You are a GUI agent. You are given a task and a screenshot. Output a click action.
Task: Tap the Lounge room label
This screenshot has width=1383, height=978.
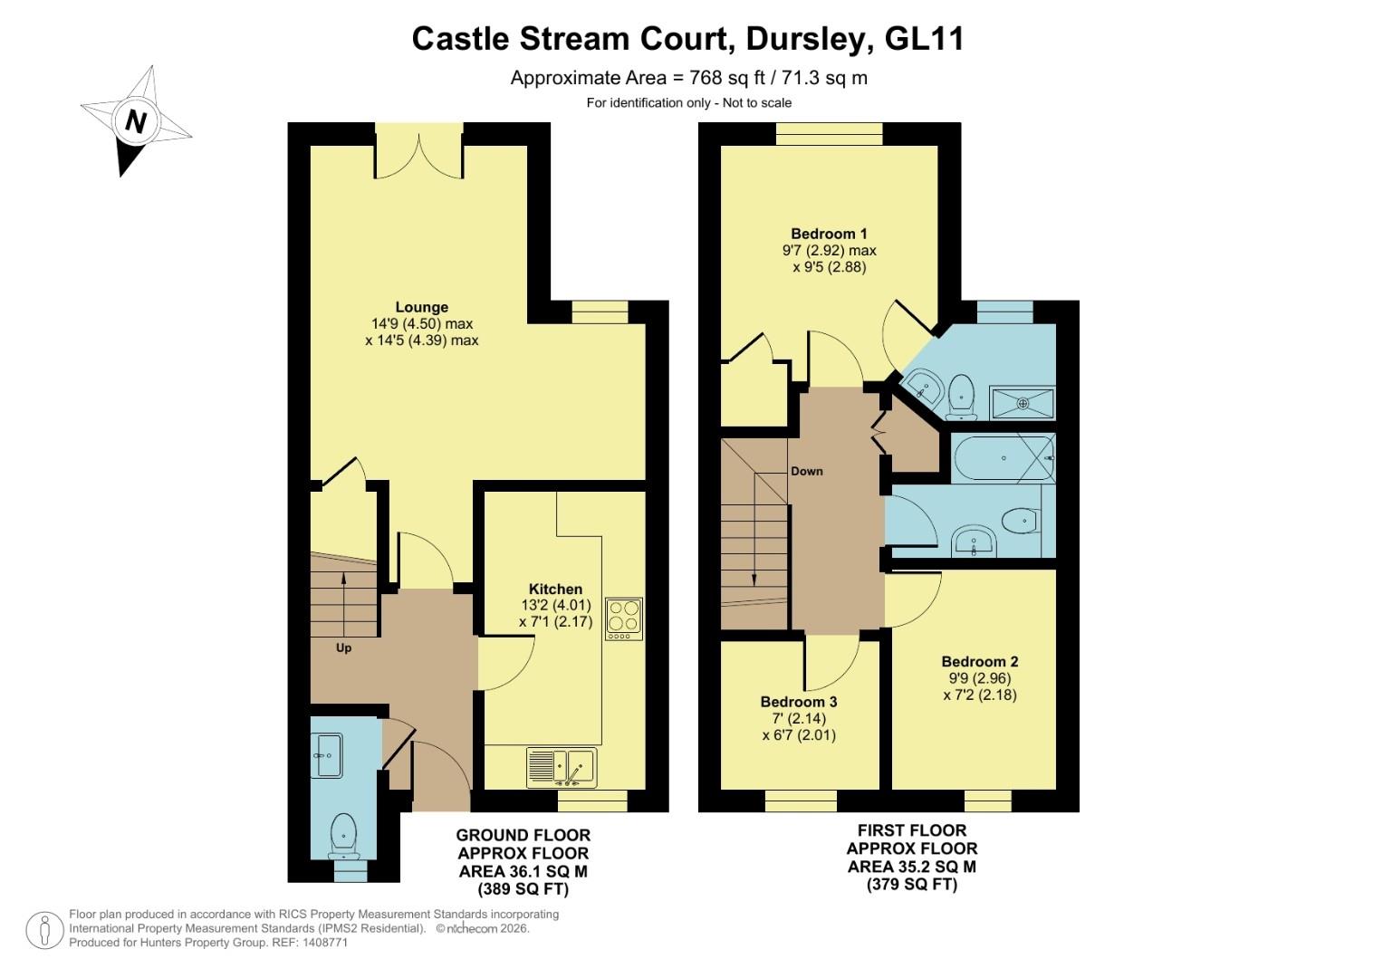[x=421, y=307]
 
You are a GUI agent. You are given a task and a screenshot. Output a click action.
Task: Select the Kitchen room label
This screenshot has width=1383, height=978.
[x=555, y=589]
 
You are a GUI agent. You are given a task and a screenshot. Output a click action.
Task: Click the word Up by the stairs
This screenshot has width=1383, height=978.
[x=343, y=647]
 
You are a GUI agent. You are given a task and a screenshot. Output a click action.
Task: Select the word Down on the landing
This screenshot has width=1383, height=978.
[x=806, y=471]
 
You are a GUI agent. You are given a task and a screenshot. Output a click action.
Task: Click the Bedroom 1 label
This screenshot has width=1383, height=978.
[x=829, y=234]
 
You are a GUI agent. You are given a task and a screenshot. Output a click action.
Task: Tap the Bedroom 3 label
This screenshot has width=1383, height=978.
[x=798, y=702]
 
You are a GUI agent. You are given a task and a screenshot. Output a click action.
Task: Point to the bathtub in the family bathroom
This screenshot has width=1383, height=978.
[x=1003, y=458]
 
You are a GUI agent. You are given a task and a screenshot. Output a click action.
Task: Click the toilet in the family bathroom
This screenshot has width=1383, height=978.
[x=1020, y=521]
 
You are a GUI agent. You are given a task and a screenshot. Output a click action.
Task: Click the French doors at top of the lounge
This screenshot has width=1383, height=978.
[x=419, y=149]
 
